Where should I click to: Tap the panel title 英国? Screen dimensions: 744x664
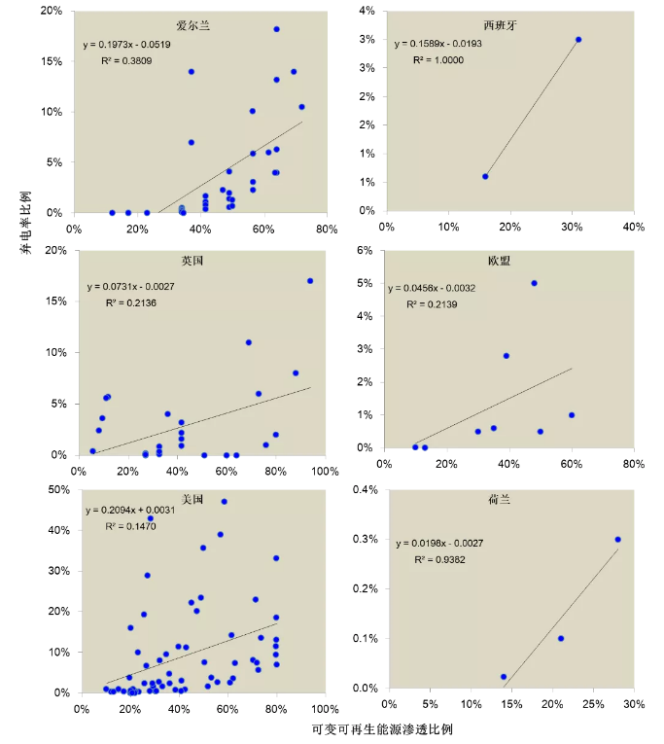pos(192,262)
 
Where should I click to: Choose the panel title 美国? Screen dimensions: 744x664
pos(192,499)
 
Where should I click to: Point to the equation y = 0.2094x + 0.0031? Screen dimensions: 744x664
pos(133,512)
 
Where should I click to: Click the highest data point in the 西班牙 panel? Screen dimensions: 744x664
pos(578,40)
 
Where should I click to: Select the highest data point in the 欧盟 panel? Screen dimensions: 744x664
pos(534,283)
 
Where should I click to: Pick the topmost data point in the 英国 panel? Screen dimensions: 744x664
pos(310,281)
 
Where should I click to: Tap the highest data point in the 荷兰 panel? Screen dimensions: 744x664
pos(617,540)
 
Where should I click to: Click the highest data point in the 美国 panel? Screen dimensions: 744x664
pos(225,502)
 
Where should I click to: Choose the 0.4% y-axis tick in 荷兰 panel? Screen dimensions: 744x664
pos(367,489)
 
